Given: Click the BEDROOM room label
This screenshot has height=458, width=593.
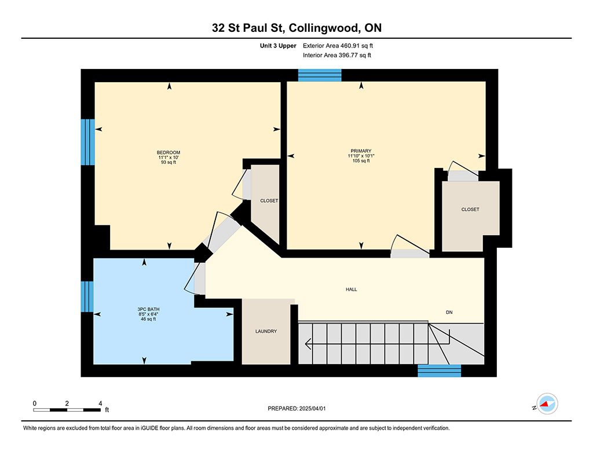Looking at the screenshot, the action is click(x=169, y=152).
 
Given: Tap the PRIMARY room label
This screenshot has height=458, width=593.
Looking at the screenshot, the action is click(x=361, y=151).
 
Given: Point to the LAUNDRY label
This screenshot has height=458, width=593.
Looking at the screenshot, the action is click(x=266, y=331).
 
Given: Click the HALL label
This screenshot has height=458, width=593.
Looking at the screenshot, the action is click(x=352, y=290).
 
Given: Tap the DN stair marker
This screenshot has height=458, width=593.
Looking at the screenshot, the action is click(x=449, y=312).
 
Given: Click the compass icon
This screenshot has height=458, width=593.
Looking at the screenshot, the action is click(x=547, y=404).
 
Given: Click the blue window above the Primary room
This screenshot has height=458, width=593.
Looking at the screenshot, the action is click(x=320, y=75).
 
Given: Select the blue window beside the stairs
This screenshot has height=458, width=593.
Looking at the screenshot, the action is click(x=440, y=371).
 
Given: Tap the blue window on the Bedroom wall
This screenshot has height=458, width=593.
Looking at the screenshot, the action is click(x=88, y=142).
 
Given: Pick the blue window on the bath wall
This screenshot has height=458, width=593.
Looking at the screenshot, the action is click(x=87, y=296).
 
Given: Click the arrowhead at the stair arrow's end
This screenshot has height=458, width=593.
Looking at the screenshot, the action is click(x=308, y=344).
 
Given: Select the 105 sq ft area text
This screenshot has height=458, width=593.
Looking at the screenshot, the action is click(x=361, y=161).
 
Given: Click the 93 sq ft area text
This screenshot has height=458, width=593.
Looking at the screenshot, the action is click(x=169, y=162).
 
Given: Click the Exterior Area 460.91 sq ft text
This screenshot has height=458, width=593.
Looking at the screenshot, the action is click(x=338, y=46).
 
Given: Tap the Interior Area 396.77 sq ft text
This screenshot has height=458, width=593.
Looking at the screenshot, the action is click(x=337, y=55).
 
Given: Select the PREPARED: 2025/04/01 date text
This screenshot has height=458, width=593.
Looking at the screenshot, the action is click(x=296, y=408).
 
